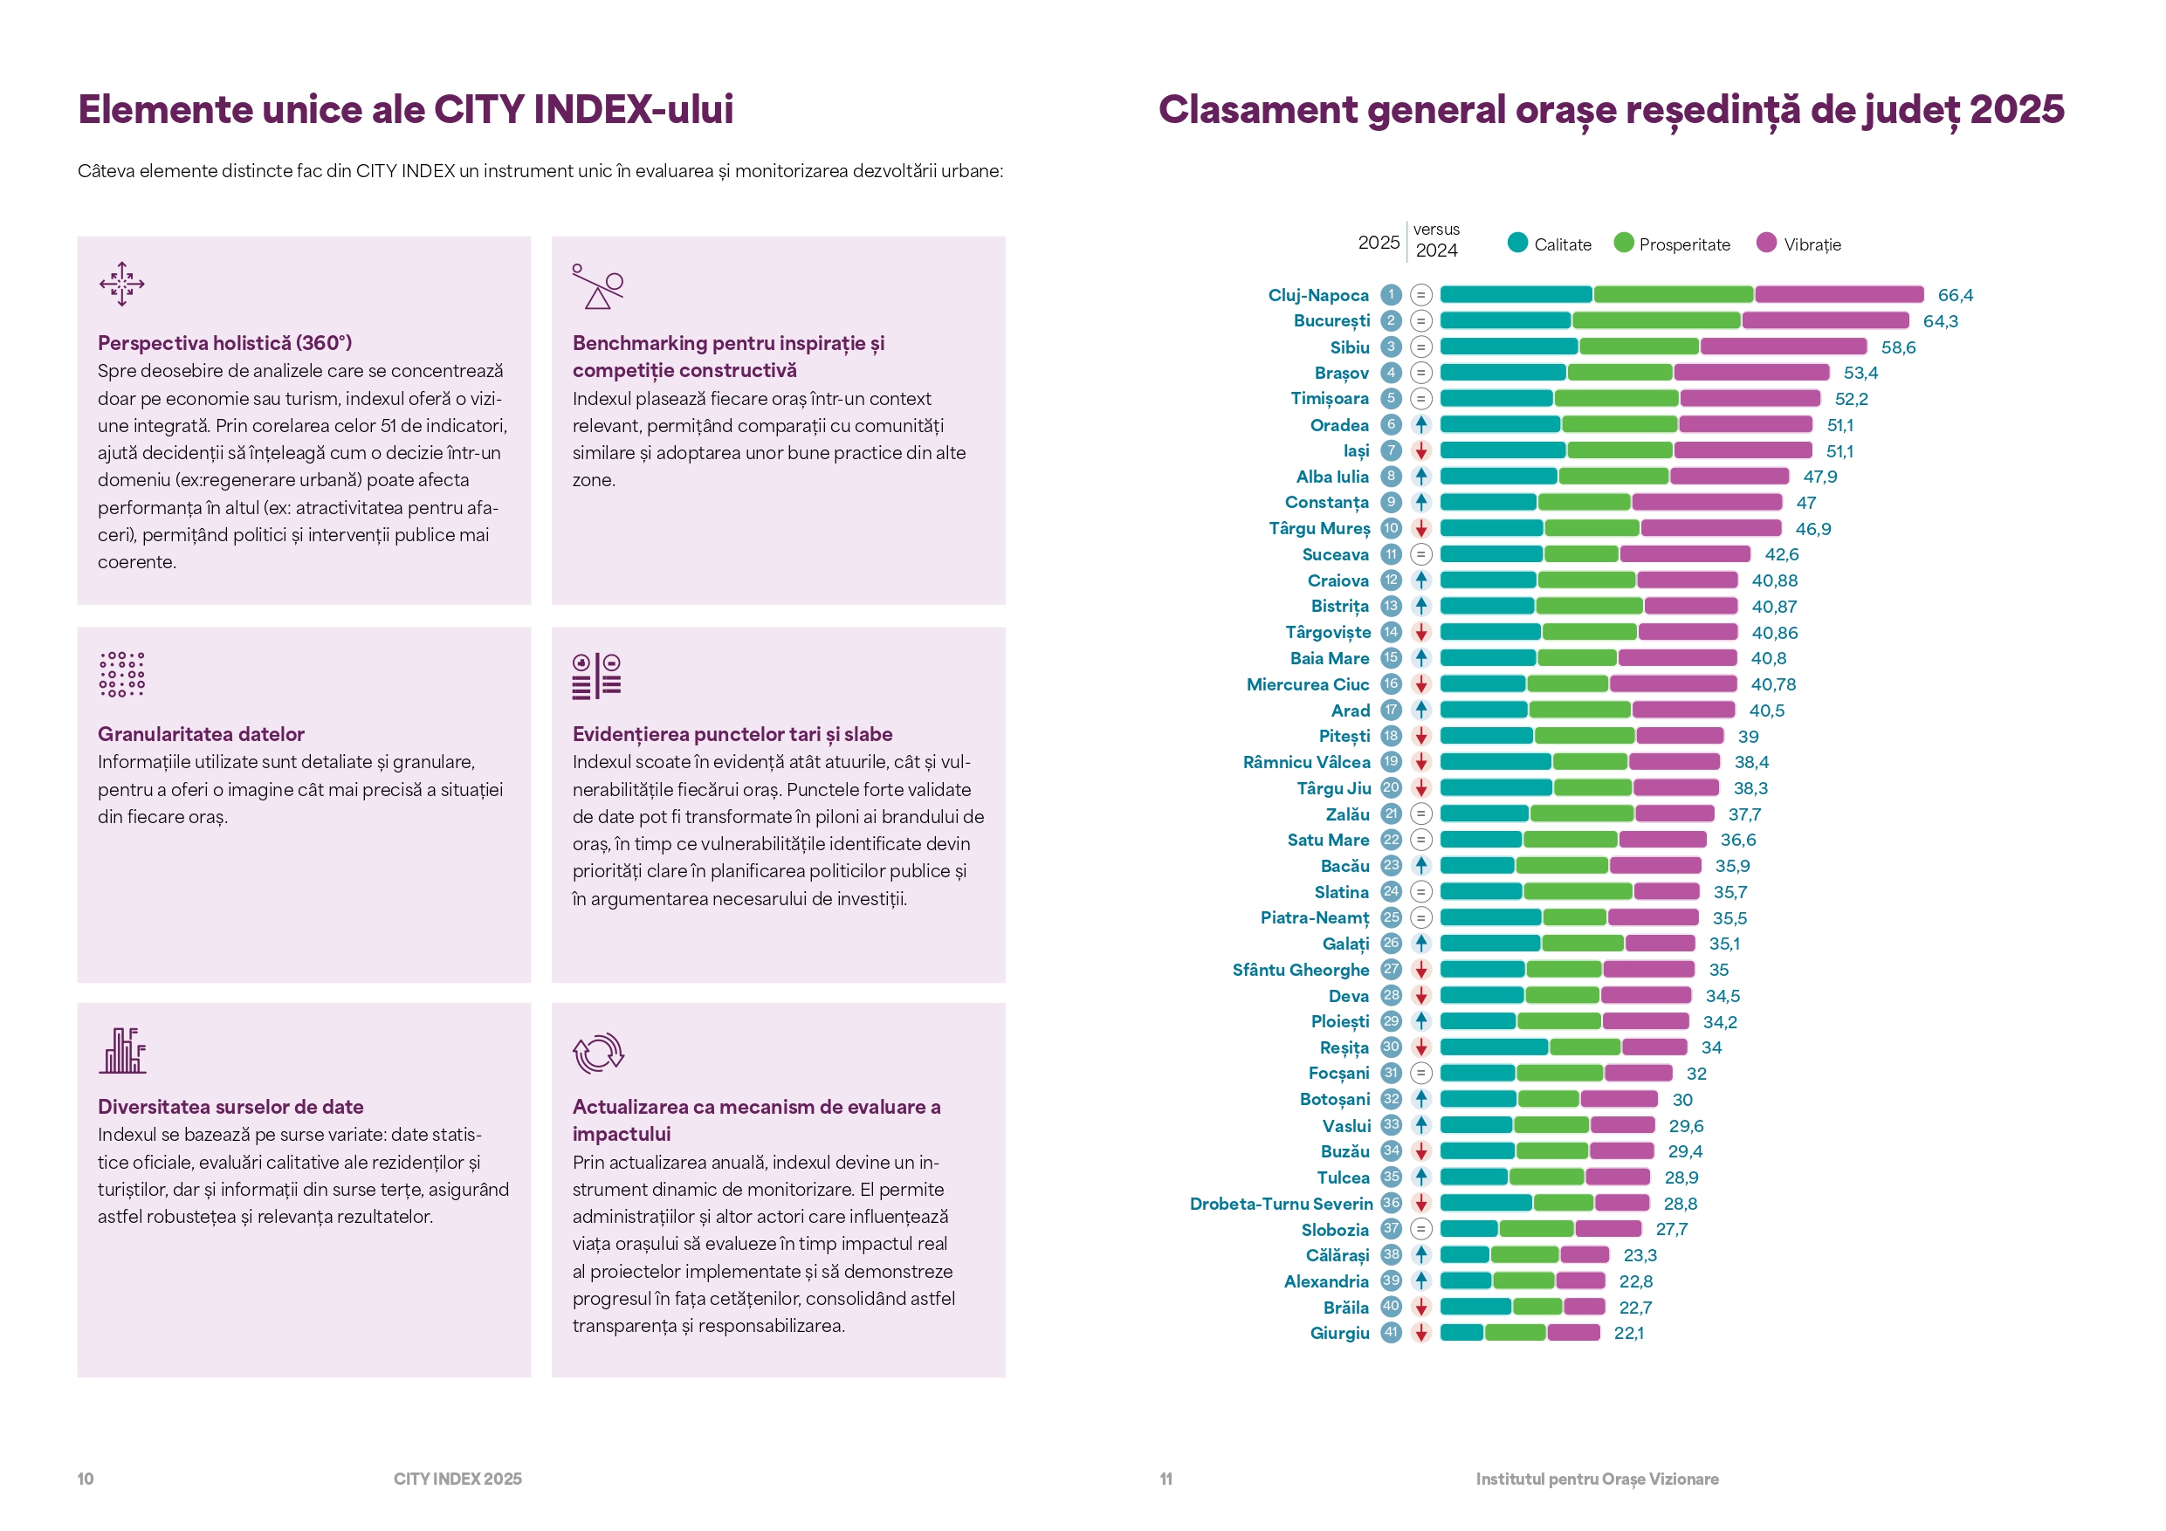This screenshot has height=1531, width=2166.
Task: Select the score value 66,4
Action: (x=1955, y=295)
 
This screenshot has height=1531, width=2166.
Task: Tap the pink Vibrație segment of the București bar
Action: (x=1825, y=320)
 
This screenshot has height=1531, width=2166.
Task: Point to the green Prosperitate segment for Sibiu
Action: (x=1639, y=347)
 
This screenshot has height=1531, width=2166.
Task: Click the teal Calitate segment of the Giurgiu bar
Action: (x=1461, y=1332)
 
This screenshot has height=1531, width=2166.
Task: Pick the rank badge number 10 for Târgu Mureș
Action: (x=1391, y=528)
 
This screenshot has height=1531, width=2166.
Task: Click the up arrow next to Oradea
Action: (x=1420, y=424)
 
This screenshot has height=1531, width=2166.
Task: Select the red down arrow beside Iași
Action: (x=1420, y=451)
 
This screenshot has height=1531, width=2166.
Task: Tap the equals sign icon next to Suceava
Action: (x=1420, y=553)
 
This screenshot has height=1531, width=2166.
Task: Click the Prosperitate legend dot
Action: (x=1623, y=243)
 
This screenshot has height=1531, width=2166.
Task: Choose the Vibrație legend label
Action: (x=1812, y=244)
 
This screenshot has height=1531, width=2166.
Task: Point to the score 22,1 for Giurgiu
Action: (x=1628, y=1333)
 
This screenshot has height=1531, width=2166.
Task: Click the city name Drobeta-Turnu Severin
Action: (x=1280, y=1204)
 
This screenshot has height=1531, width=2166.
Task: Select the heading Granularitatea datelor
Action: (x=201, y=734)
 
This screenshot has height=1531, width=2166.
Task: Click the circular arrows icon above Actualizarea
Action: (x=597, y=1053)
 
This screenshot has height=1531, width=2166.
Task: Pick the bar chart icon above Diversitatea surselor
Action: (x=122, y=1051)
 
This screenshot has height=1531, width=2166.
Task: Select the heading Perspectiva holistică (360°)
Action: (x=224, y=342)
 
